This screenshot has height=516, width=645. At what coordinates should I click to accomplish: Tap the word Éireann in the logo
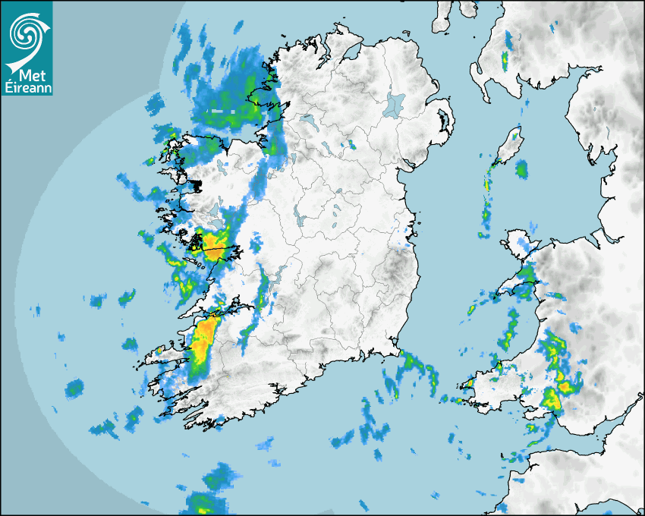(x=27, y=89)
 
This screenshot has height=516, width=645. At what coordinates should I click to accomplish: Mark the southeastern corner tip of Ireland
(x=397, y=351)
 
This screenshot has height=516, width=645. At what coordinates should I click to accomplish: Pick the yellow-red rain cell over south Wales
(x=552, y=398)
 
